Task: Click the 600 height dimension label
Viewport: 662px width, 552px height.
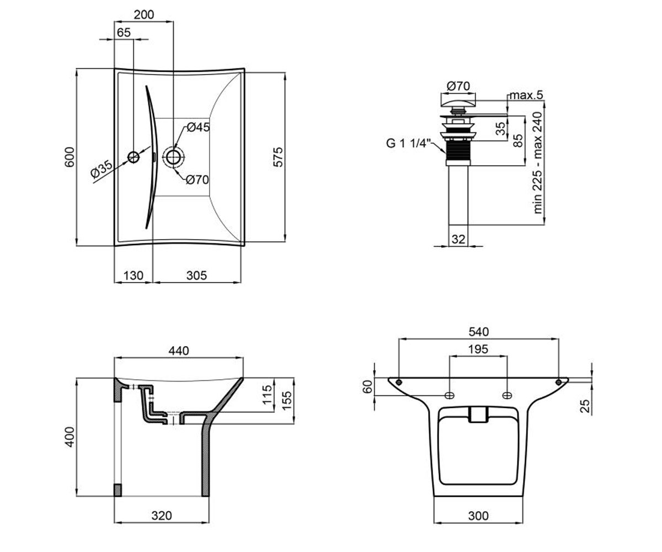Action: pos(70,157)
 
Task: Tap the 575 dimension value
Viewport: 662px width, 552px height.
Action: pos(277,157)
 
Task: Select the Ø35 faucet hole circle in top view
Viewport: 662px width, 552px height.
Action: pos(134,157)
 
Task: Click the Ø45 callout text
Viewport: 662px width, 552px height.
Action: pos(198,127)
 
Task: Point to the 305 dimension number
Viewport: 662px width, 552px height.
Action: pos(196,275)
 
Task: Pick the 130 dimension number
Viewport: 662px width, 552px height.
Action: pos(133,275)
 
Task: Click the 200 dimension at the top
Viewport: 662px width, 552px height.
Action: pos(143,14)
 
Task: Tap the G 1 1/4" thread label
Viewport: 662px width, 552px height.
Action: pos(408,144)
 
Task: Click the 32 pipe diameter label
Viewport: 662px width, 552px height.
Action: pos(458,239)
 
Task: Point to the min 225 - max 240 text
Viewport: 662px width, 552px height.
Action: pos(538,163)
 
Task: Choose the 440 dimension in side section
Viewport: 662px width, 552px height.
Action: pos(179,351)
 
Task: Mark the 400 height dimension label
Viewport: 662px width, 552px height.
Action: pos(70,437)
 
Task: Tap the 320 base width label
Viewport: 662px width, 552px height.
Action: pos(162,516)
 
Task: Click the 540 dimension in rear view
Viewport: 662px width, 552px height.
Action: pos(479,332)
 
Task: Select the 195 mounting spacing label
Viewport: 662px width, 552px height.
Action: pos(478,349)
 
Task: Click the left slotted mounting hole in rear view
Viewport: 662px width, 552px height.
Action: pos(450,395)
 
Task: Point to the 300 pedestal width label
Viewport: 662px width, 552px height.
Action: pos(478,516)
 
